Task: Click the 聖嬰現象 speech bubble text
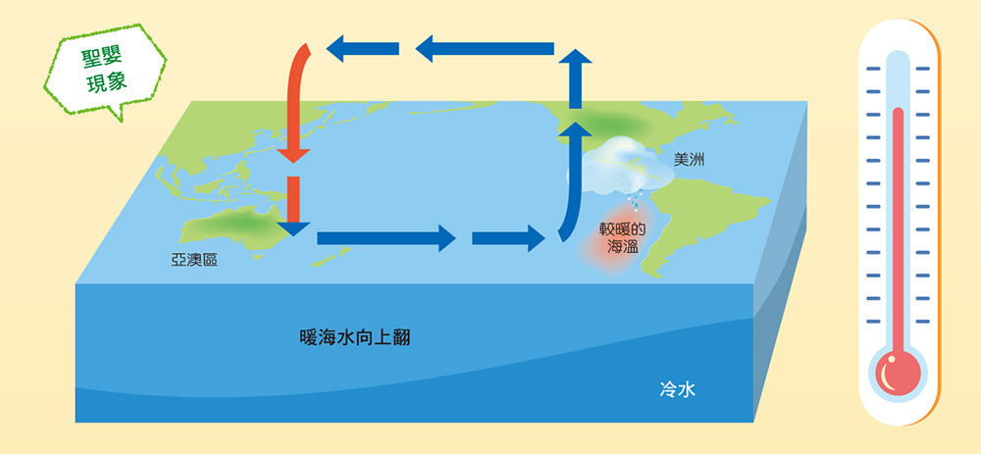[x=105, y=70]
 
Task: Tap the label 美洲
[x=689, y=160]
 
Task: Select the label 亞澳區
[x=194, y=261]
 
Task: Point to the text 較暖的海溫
[x=623, y=235]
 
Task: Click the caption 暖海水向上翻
[x=355, y=338]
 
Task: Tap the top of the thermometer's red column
[x=898, y=110]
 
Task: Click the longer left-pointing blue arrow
[x=485, y=49]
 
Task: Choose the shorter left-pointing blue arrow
[x=363, y=49]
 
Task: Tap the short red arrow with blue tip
[x=293, y=206]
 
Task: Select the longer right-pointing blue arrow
[x=387, y=238]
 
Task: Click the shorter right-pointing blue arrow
[x=508, y=238]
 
